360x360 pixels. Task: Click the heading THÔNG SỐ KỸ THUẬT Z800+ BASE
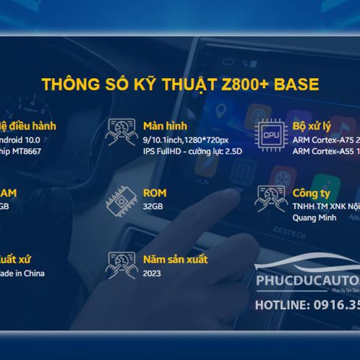[x=180, y=84]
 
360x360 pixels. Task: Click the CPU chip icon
[x=272, y=133]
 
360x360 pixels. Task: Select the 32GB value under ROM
[x=154, y=205]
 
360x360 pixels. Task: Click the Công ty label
[x=312, y=193]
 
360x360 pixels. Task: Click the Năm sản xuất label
[x=176, y=259]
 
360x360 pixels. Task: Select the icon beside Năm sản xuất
[x=121, y=265]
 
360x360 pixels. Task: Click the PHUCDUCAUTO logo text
[x=307, y=284]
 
